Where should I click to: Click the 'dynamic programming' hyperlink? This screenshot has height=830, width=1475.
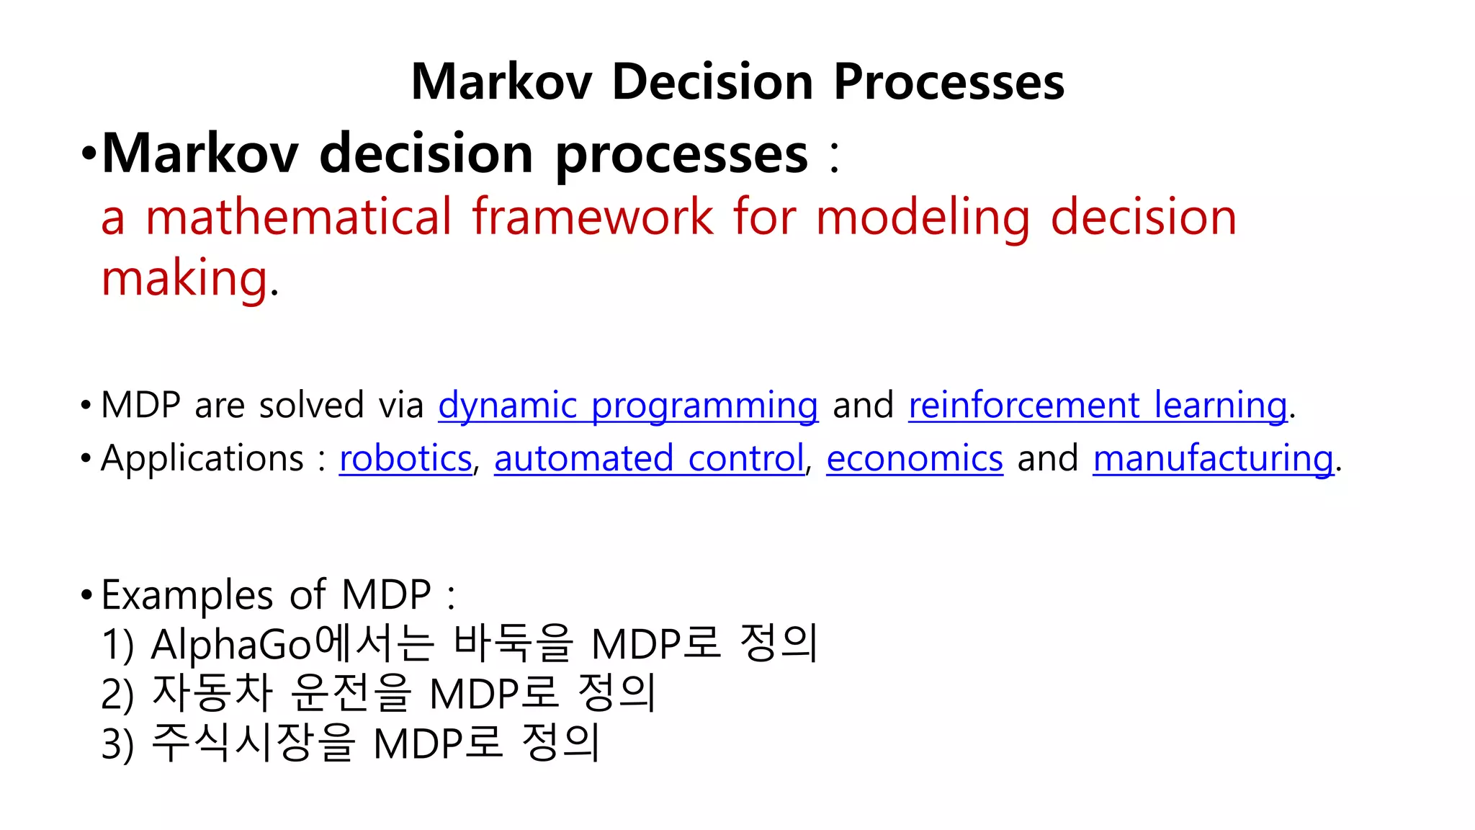click(628, 405)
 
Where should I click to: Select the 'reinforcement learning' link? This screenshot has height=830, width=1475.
click(1098, 405)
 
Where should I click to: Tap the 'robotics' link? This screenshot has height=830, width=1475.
click(405, 458)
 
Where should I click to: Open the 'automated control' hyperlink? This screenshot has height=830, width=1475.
click(649, 458)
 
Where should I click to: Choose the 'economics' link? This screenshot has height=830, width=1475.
click(915, 458)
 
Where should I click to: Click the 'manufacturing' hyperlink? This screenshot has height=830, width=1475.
click(1214, 458)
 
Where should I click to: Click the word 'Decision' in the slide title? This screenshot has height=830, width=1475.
click(712, 81)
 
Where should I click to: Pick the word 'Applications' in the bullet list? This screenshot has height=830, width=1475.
click(202, 458)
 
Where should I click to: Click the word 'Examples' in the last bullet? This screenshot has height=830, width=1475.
click(187, 595)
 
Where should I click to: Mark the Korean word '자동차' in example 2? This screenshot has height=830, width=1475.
click(212, 693)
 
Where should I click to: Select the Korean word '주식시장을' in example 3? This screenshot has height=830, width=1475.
click(254, 743)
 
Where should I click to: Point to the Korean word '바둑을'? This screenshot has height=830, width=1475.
click(513, 643)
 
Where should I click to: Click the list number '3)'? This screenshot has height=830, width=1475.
click(117, 744)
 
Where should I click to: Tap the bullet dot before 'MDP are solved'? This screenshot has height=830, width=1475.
click(86, 406)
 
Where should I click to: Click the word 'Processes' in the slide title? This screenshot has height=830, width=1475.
click(949, 81)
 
